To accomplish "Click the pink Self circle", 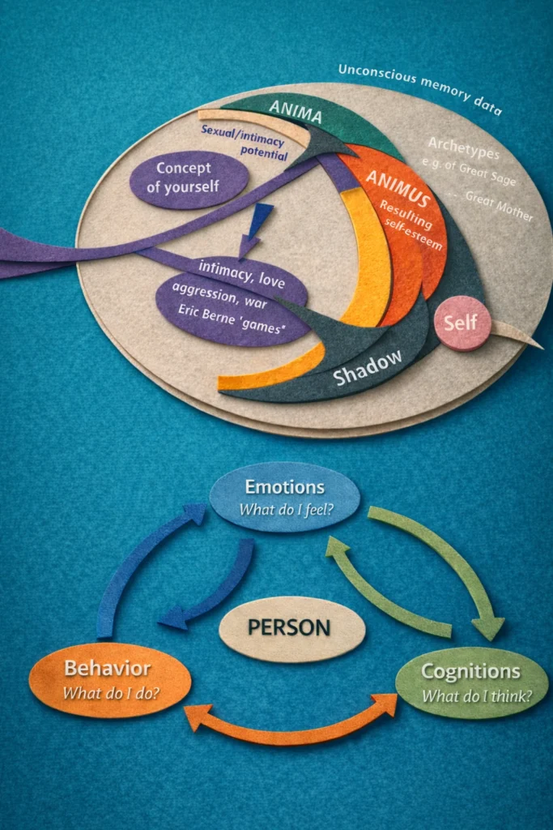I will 462,323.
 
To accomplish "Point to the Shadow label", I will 368,371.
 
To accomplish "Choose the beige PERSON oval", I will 292,627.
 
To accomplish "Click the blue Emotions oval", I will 284,497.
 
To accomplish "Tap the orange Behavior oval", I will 109,679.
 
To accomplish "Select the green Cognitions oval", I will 470,682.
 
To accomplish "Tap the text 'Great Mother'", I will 499,206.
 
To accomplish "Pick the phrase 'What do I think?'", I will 476,695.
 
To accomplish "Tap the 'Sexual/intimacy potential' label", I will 245,139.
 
